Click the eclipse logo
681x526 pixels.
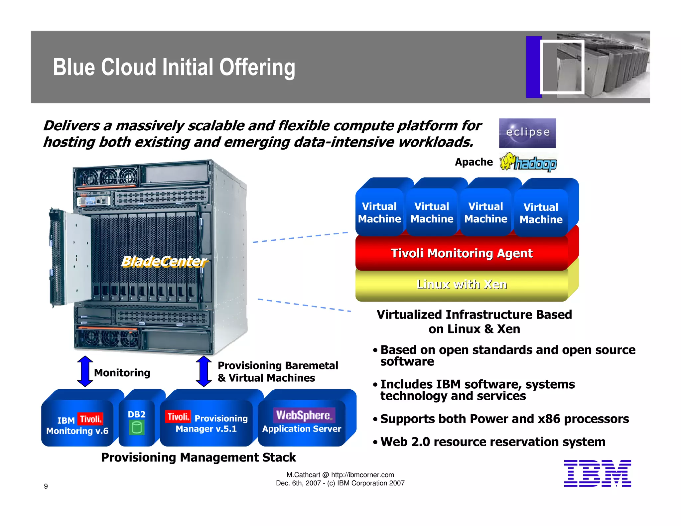pyautogui.click(x=527, y=133)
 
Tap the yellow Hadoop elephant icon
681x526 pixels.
pyautogui.click(x=507, y=162)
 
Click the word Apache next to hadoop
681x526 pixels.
pyautogui.click(x=474, y=162)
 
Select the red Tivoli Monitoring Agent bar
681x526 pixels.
pyautogui.click(x=462, y=253)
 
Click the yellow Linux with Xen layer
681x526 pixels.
pyautogui.click(x=462, y=285)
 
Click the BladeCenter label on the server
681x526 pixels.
pyautogui.click(x=164, y=262)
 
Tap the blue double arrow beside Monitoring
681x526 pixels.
pyautogui.click(x=85, y=371)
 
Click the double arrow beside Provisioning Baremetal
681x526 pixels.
pyautogui.click(x=204, y=371)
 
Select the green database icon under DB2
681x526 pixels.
pyautogui.click(x=137, y=428)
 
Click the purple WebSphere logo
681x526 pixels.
pyautogui.click(x=304, y=415)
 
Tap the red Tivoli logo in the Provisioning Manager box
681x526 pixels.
pyautogui.click(x=178, y=417)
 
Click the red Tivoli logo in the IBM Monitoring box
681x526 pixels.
pyautogui.click(x=90, y=419)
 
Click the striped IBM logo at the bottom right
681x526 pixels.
pyautogui.click(x=597, y=473)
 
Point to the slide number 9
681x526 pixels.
pyautogui.click(x=46, y=486)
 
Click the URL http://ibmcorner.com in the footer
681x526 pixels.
pyautogui.click(x=362, y=475)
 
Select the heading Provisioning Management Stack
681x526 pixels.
pyautogui.click(x=199, y=458)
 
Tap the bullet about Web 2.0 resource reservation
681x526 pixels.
pyautogui.click(x=492, y=442)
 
